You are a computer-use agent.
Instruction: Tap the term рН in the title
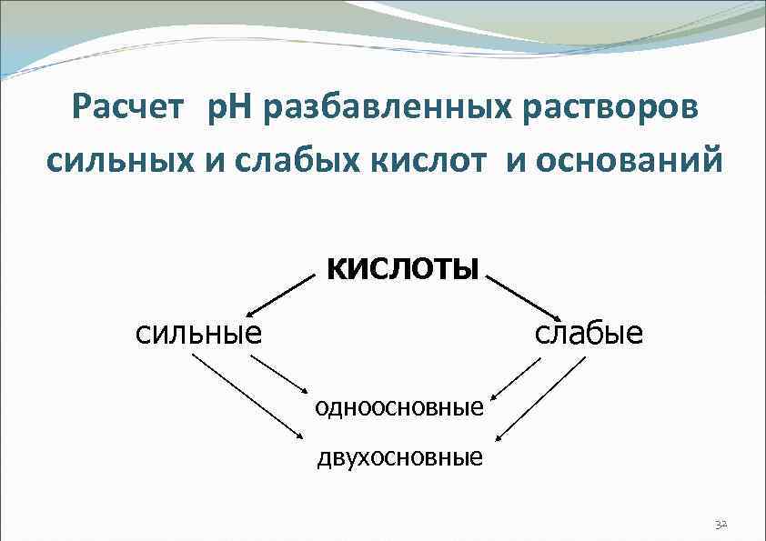click(x=234, y=111)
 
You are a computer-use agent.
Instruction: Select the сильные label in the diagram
click(x=199, y=332)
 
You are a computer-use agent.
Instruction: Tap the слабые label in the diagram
click(x=589, y=332)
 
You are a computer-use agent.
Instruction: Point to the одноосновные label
click(x=399, y=406)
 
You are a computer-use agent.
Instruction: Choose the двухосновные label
click(x=399, y=456)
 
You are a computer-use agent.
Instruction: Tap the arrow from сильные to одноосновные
click(x=281, y=376)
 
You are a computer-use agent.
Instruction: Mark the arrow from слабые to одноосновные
click(x=516, y=377)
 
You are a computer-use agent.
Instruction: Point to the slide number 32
click(x=721, y=525)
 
